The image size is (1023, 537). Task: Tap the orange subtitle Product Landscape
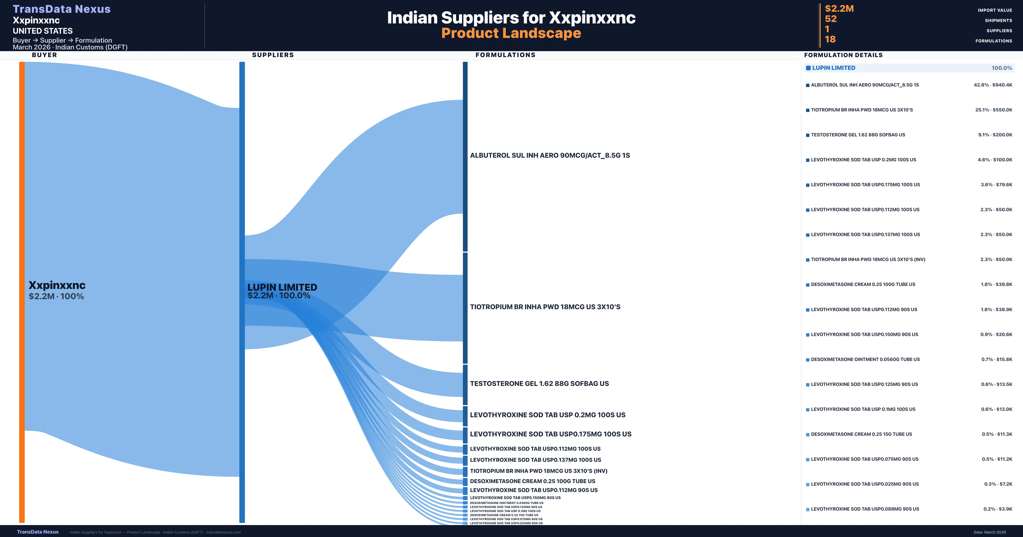[511, 33]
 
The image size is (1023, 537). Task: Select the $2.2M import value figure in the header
[839, 8]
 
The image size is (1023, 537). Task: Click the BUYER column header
[45, 55]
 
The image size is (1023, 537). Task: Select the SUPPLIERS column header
[273, 55]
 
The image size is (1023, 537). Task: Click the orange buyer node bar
[22, 292]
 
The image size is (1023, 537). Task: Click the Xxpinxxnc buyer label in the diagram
[57, 285]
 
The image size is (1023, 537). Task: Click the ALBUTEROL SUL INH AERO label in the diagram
[550, 155]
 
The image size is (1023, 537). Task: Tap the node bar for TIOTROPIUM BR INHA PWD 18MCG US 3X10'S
[465, 308]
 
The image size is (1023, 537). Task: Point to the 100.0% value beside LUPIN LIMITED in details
[1001, 68]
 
